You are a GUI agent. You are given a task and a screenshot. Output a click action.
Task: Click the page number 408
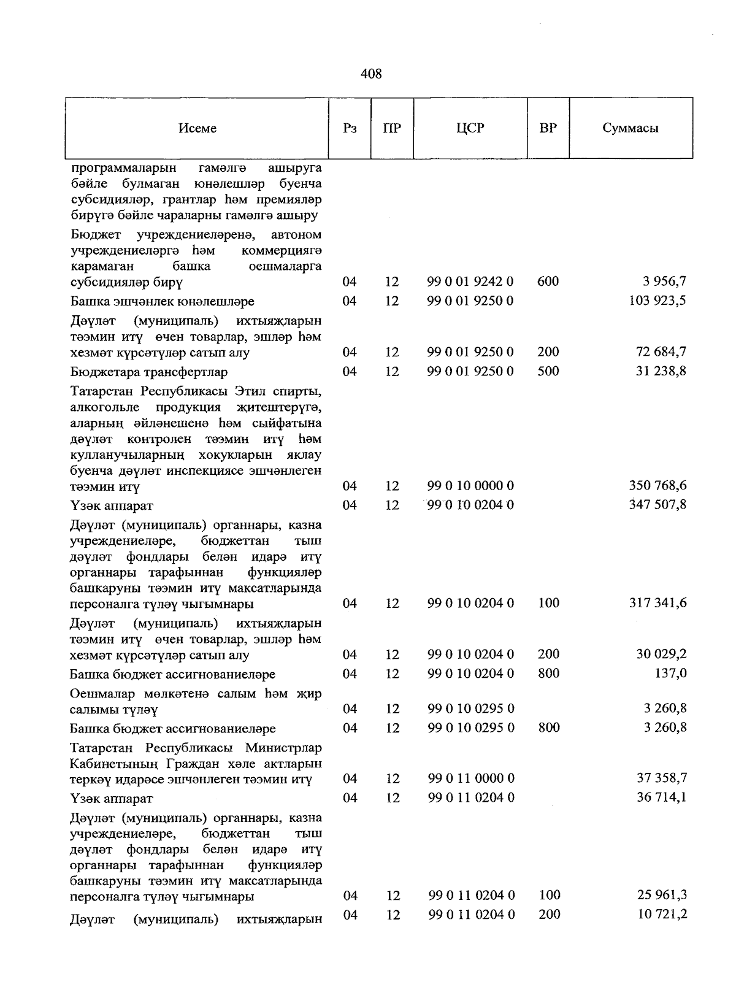point(371,74)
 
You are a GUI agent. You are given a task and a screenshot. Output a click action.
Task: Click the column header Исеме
point(197,128)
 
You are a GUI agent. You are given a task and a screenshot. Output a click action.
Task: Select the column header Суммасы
point(631,128)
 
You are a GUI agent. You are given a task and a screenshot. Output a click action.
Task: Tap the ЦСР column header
point(470,128)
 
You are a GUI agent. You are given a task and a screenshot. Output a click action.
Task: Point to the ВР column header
point(548,128)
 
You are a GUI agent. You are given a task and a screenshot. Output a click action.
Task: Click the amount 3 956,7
point(665,282)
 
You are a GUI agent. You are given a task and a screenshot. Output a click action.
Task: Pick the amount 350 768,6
point(657,486)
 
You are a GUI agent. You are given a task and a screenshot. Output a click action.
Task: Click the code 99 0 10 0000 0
point(470,486)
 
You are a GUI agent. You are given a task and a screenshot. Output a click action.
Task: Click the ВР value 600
point(548,282)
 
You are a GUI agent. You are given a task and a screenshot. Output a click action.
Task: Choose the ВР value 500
point(548,371)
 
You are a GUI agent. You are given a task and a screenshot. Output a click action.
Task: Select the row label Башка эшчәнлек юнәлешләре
point(162,302)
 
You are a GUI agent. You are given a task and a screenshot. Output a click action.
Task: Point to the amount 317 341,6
point(657,603)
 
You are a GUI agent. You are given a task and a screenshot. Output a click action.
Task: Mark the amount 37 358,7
point(662,778)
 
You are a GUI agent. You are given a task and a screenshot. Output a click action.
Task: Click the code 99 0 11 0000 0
point(470,778)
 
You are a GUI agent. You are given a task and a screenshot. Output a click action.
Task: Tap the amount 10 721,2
point(662,914)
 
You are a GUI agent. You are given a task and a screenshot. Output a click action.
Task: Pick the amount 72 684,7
point(662,352)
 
